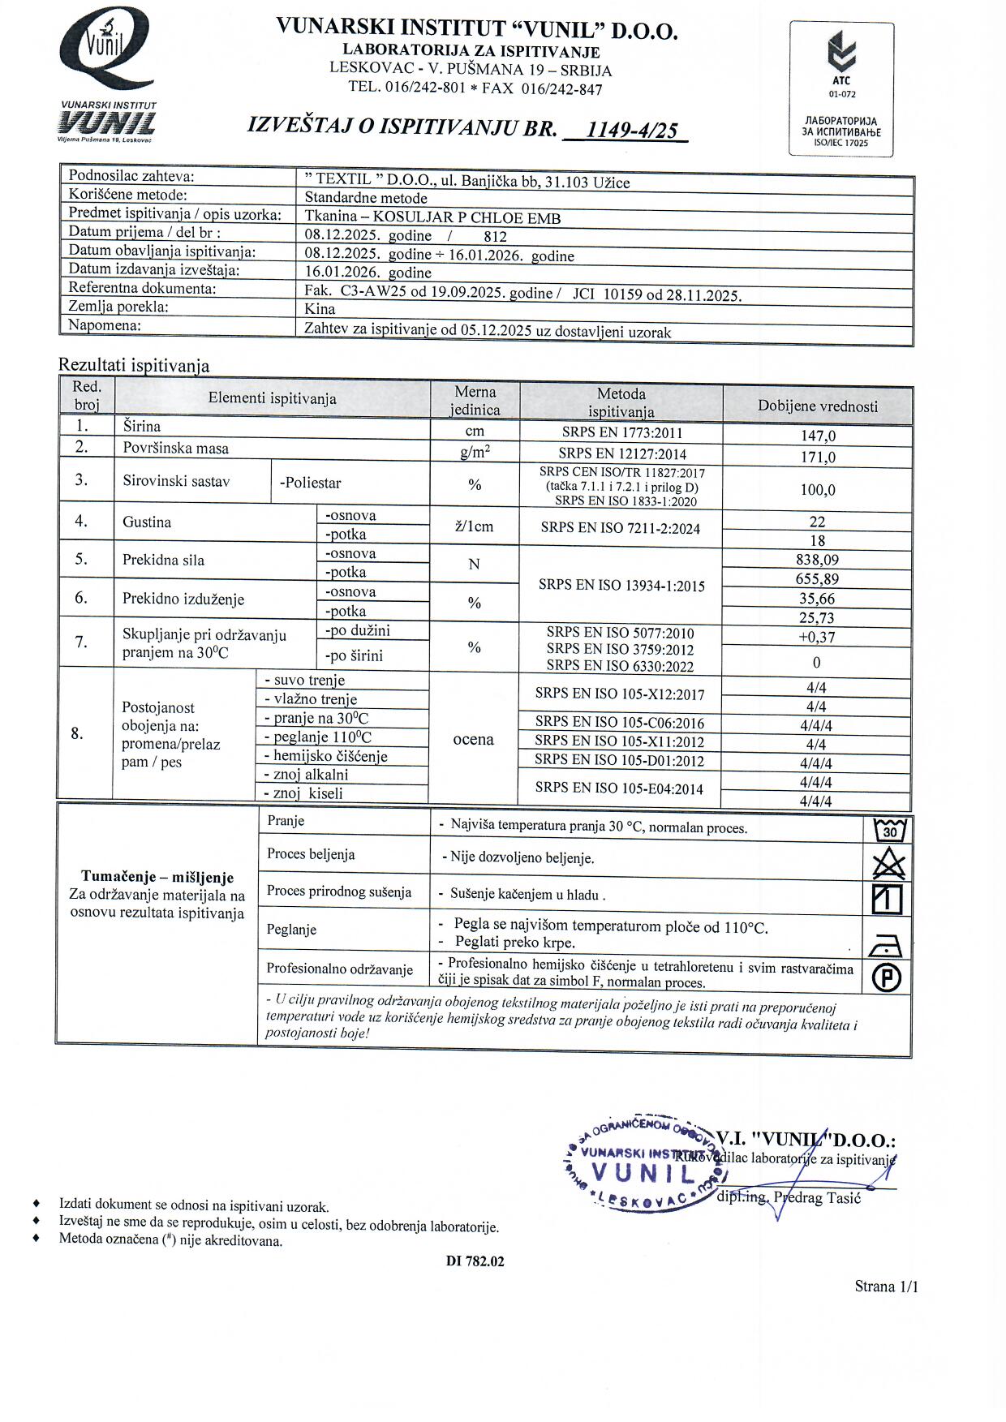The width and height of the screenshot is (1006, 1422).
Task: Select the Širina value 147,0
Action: click(817, 436)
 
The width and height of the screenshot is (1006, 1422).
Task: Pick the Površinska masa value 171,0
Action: click(817, 457)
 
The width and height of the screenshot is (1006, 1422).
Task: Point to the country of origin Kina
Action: click(320, 309)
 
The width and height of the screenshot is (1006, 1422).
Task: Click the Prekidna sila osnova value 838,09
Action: click(817, 560)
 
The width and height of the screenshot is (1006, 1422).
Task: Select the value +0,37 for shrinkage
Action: click(816, 638)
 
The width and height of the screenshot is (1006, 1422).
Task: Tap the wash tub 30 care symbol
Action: click(889, 830)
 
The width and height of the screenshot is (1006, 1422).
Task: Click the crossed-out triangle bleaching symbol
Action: click(888, 863)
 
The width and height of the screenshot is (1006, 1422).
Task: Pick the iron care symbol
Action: click(888, 945)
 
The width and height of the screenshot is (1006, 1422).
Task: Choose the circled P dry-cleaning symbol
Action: click(888, 977)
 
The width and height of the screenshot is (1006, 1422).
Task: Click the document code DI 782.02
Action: click(475, 1261)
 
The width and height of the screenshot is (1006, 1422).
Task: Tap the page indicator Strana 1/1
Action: click(886, 1287)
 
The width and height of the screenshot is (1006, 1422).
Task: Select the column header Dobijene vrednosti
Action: click(817, 406)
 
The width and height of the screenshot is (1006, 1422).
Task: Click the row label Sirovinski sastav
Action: click(176, 481)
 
